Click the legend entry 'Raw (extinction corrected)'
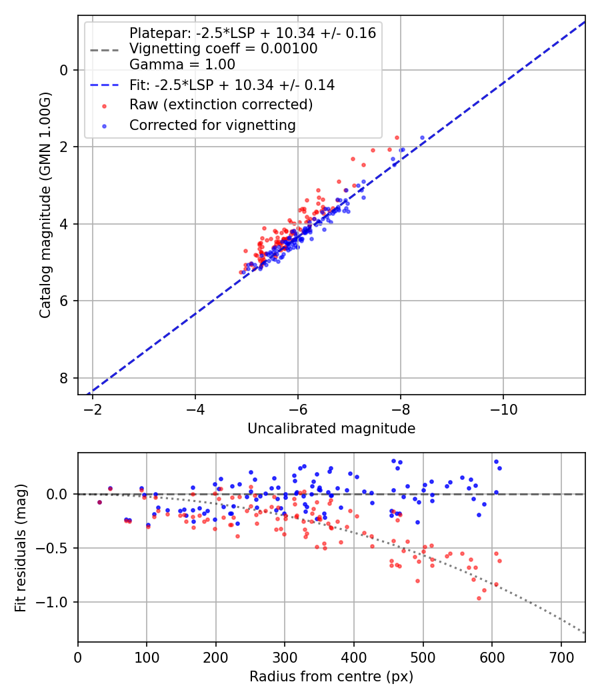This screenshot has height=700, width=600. (x=221, y=105)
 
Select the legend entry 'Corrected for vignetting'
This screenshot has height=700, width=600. (x=212, y=125)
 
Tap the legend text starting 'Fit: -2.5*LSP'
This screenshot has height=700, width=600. (x=232, y=85)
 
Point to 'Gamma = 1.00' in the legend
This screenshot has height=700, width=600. (x=182, y=65)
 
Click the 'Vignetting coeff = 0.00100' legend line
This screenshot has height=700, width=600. (x=223, y=49)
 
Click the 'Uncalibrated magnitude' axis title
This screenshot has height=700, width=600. (x=331, y=429)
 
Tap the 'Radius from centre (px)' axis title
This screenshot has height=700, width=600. (x=331, y=677)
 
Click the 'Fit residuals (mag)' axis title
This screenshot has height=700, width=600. (x=21, y=548)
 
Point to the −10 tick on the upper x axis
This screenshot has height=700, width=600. (x=503, y=409)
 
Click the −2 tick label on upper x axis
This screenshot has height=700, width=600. (x=93, y=409)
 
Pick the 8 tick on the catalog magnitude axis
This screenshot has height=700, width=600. (x=65, y=378)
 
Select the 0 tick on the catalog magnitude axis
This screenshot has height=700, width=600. (x=65, y=70)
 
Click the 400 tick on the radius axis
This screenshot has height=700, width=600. (x=354, y=657)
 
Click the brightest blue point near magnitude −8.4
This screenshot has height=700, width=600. (x=422, y=137)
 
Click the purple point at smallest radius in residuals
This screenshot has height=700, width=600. (x=99, y=502)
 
